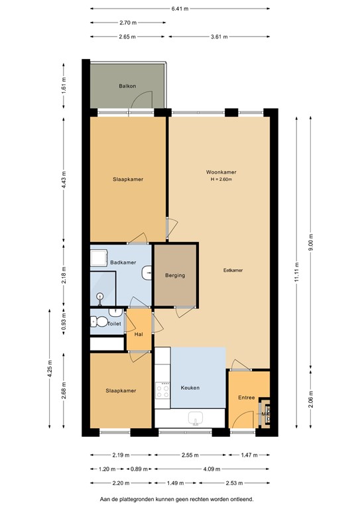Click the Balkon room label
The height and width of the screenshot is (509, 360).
(x=128, y=86)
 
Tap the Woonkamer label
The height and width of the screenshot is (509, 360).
(x=221, y=172)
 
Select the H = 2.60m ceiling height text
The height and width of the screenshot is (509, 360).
(x=221, y=180)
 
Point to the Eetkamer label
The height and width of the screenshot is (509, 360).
(x=233, y=270)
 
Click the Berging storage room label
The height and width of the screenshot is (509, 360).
(x=175, y=275)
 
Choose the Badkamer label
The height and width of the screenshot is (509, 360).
(x=123, y=262)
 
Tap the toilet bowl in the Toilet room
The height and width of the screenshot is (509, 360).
(x=100, y=323)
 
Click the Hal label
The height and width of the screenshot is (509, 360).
(x=139, y=333)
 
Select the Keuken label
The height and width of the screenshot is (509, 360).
(x=189, y=388)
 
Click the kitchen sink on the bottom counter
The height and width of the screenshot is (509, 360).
(x=196, y=418)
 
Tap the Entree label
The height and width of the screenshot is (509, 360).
(x=247, y=398)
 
